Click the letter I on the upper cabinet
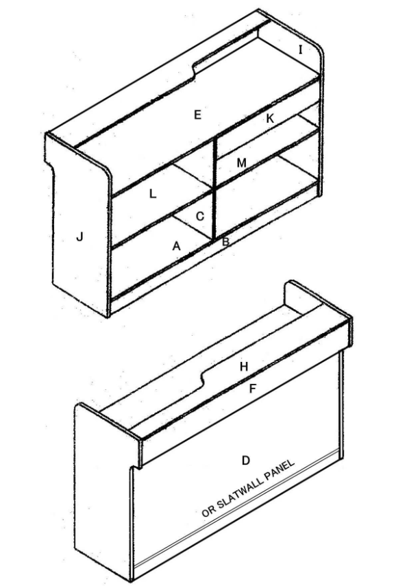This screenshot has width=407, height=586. [301, 49]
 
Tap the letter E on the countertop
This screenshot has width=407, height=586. [198, 114]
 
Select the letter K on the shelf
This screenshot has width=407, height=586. [270, 119]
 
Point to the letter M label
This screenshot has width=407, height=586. [242, 163]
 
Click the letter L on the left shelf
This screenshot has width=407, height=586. [153, 194]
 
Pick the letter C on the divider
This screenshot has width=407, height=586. [200, 217]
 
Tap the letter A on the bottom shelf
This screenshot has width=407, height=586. [176, 246]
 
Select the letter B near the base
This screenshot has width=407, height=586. [225, 242]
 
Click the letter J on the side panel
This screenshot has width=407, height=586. [79, 236]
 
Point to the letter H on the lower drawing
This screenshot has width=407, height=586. [244, 367]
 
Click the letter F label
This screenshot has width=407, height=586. [253, 389]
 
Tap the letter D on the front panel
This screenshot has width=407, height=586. [245, 461]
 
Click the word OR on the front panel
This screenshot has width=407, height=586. [208, 511]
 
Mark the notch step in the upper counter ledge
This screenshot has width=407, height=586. [195, 72]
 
